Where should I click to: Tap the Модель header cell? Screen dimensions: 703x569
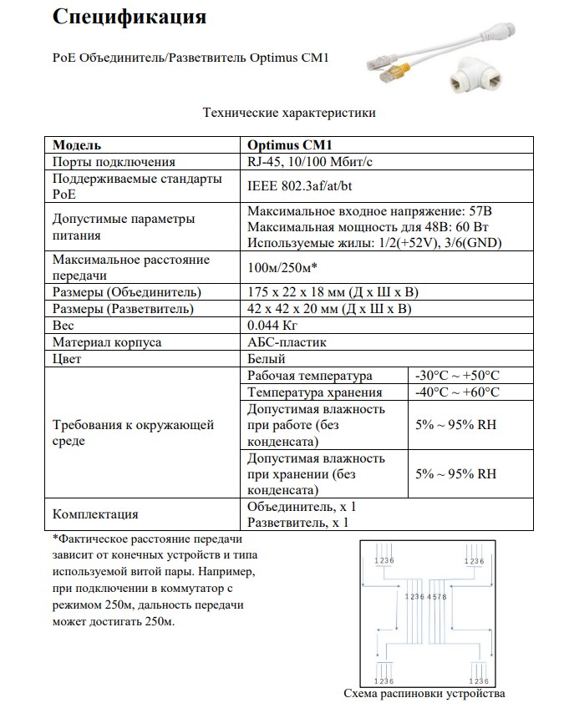[77, 144]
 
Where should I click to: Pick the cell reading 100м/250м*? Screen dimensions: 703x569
[283, 267]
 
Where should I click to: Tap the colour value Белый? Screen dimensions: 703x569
[267, 359]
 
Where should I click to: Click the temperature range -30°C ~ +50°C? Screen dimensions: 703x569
[457, 376]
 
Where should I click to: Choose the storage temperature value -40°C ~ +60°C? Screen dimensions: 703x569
[457, 392]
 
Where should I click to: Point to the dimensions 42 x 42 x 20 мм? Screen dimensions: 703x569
[332, 309]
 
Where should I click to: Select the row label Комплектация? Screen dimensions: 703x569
[95, 514]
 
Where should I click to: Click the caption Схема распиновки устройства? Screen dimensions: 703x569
[424, 694]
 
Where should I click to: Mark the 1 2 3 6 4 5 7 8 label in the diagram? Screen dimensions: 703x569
[426, 597]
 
